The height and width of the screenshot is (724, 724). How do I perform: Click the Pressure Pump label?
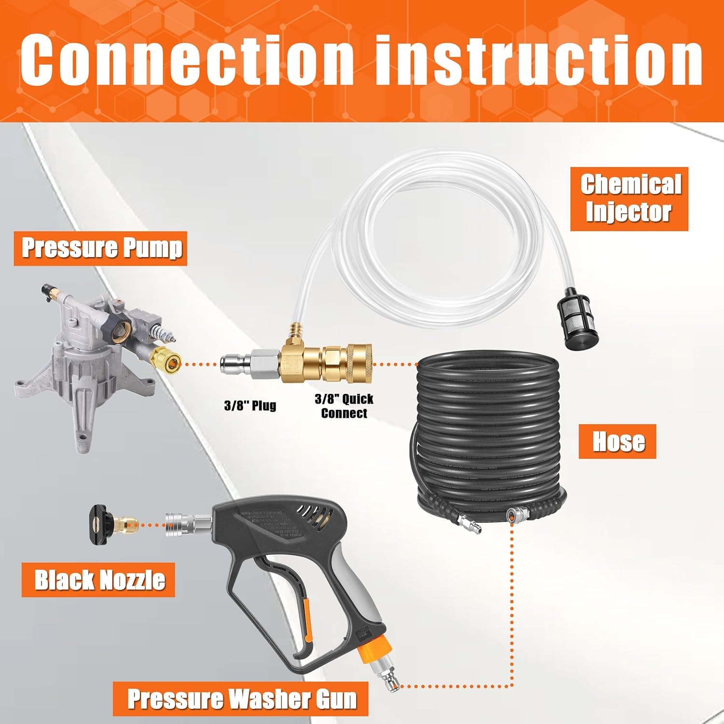point(102,248)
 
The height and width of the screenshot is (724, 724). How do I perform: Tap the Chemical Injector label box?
point(629,199)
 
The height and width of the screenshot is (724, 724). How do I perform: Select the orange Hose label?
point(617,441)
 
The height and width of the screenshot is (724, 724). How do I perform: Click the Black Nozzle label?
point(99,580)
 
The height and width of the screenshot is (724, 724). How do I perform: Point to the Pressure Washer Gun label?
point(240,699)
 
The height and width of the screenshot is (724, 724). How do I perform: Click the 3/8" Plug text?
point(250,405)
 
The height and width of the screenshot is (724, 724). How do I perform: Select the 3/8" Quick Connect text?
point(344,406)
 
